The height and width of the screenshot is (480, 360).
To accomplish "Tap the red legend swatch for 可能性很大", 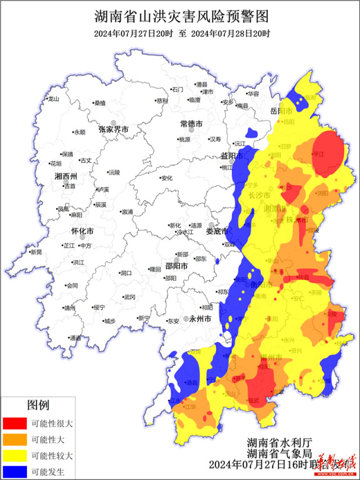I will pyautogui.click(x=15, y=423).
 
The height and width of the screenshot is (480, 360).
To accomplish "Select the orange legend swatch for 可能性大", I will pyautogui.click(x=15, y=439).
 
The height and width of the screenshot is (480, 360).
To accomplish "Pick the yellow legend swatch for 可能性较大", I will pyautogui.click(x=15, y=455).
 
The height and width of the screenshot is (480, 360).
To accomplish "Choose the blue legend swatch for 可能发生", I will pyautogui.click(x=15, y=471).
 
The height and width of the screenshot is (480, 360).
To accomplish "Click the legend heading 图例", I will pyautogui.click(x=38, y=405).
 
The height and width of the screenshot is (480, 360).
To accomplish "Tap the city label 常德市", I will pyautogui.click(x=191, y=123).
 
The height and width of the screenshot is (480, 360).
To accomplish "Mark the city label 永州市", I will pyautogui.click(x=200, y=318).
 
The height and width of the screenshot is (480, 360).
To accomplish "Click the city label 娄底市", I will pyautogui.click(x=217, y=231).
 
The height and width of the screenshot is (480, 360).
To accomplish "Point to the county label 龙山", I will pyautogui.click(x=53, y=98).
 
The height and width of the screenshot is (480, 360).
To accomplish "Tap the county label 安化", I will pyautogui.click(x=166, y=178).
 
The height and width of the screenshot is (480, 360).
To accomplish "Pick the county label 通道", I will pyautogui.click(x=75, y=338).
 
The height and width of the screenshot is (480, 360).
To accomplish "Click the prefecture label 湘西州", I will pyautogui.click(x=66, y=177).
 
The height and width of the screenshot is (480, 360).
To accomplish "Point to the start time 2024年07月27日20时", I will pyautogui.click(x=127, y=33).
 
